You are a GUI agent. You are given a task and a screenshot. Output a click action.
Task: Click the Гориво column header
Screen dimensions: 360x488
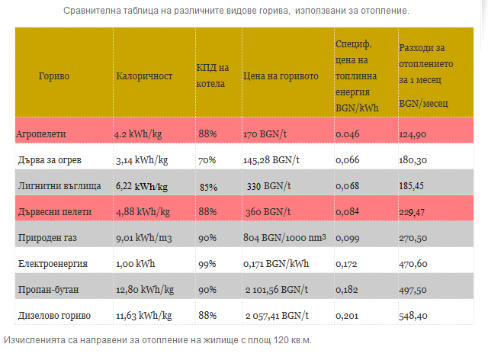[53, 76]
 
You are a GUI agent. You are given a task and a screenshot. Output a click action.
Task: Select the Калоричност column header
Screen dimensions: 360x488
[145, 76]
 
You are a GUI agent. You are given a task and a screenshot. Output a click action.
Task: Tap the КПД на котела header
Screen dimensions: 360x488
[212, 76]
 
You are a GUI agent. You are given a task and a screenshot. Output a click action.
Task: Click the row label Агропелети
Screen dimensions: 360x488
[41, 133]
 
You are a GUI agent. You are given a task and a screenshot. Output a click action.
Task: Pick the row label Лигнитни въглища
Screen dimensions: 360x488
[53, 186]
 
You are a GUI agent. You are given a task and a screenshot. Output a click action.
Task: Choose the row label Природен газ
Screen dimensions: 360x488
[47, 238]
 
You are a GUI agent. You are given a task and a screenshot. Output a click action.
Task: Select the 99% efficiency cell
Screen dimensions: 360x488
[207, 264]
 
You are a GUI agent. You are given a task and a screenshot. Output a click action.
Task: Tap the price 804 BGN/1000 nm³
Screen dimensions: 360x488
[284, 238]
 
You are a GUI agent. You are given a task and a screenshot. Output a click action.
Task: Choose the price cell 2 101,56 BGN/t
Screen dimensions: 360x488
[277, 290]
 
